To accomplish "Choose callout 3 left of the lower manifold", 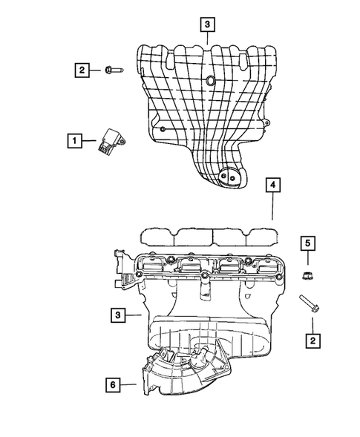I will click(117, 315).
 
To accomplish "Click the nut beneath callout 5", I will click(307, 275).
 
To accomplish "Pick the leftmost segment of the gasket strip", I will click(157, 236).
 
